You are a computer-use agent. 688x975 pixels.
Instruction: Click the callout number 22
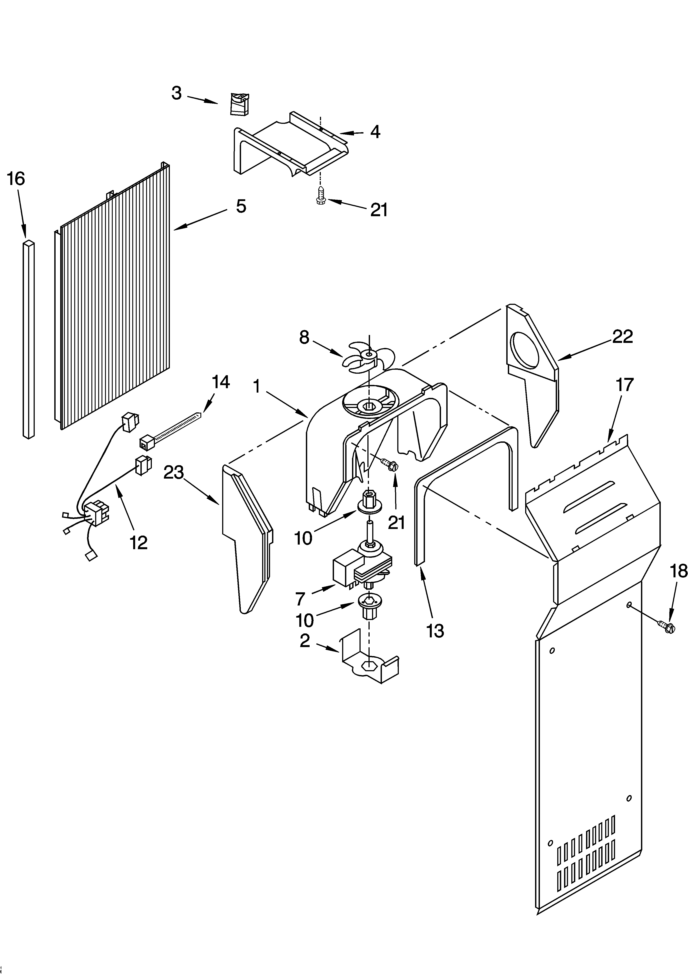click(x=622, y=337)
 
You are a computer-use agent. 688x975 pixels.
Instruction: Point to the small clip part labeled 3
click(x=240, y=104)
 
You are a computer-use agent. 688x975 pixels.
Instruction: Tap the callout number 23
click(x=174, y=472)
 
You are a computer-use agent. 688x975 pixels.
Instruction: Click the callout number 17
click(x=624, y=385)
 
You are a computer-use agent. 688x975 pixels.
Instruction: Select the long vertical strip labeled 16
click(x=28, y=340)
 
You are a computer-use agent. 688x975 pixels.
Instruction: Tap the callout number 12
click(x=139, y=543)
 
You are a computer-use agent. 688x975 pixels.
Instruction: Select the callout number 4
click(x=375, y=132)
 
